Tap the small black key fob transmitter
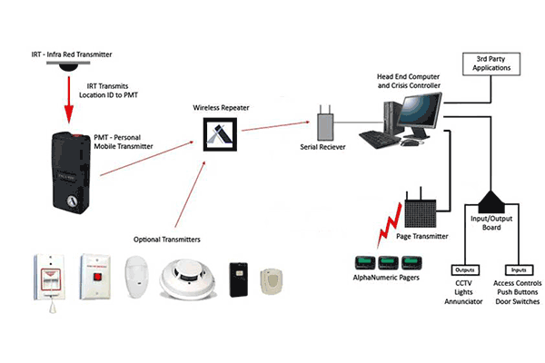point(238,274)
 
